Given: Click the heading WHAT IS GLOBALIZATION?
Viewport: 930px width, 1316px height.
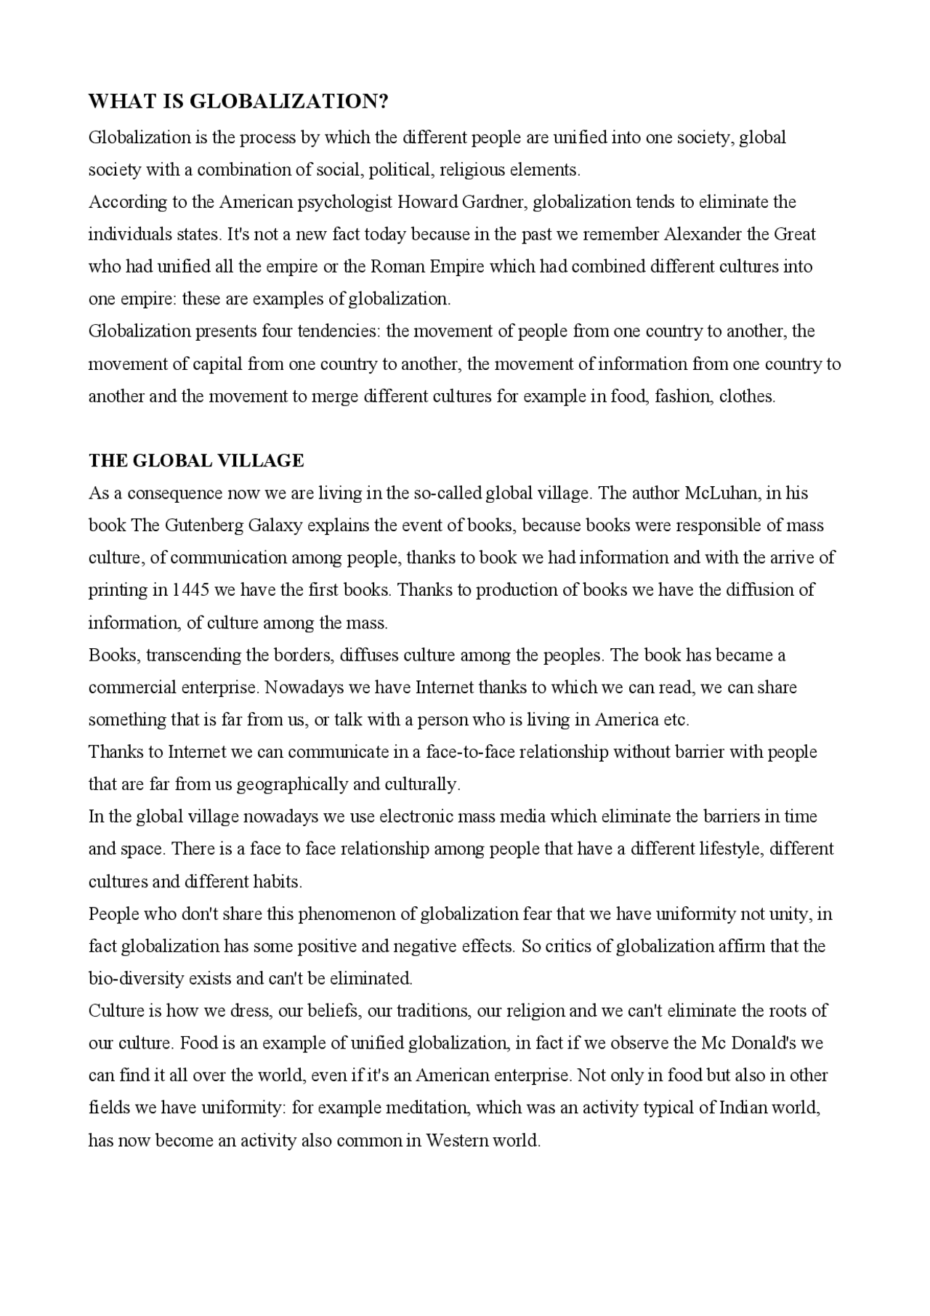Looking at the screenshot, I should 238,102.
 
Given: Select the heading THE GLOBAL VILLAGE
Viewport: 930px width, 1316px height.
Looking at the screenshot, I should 196,461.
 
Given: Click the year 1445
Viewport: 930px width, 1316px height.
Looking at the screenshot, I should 190,590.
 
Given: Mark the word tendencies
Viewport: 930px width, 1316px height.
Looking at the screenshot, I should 339,332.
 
